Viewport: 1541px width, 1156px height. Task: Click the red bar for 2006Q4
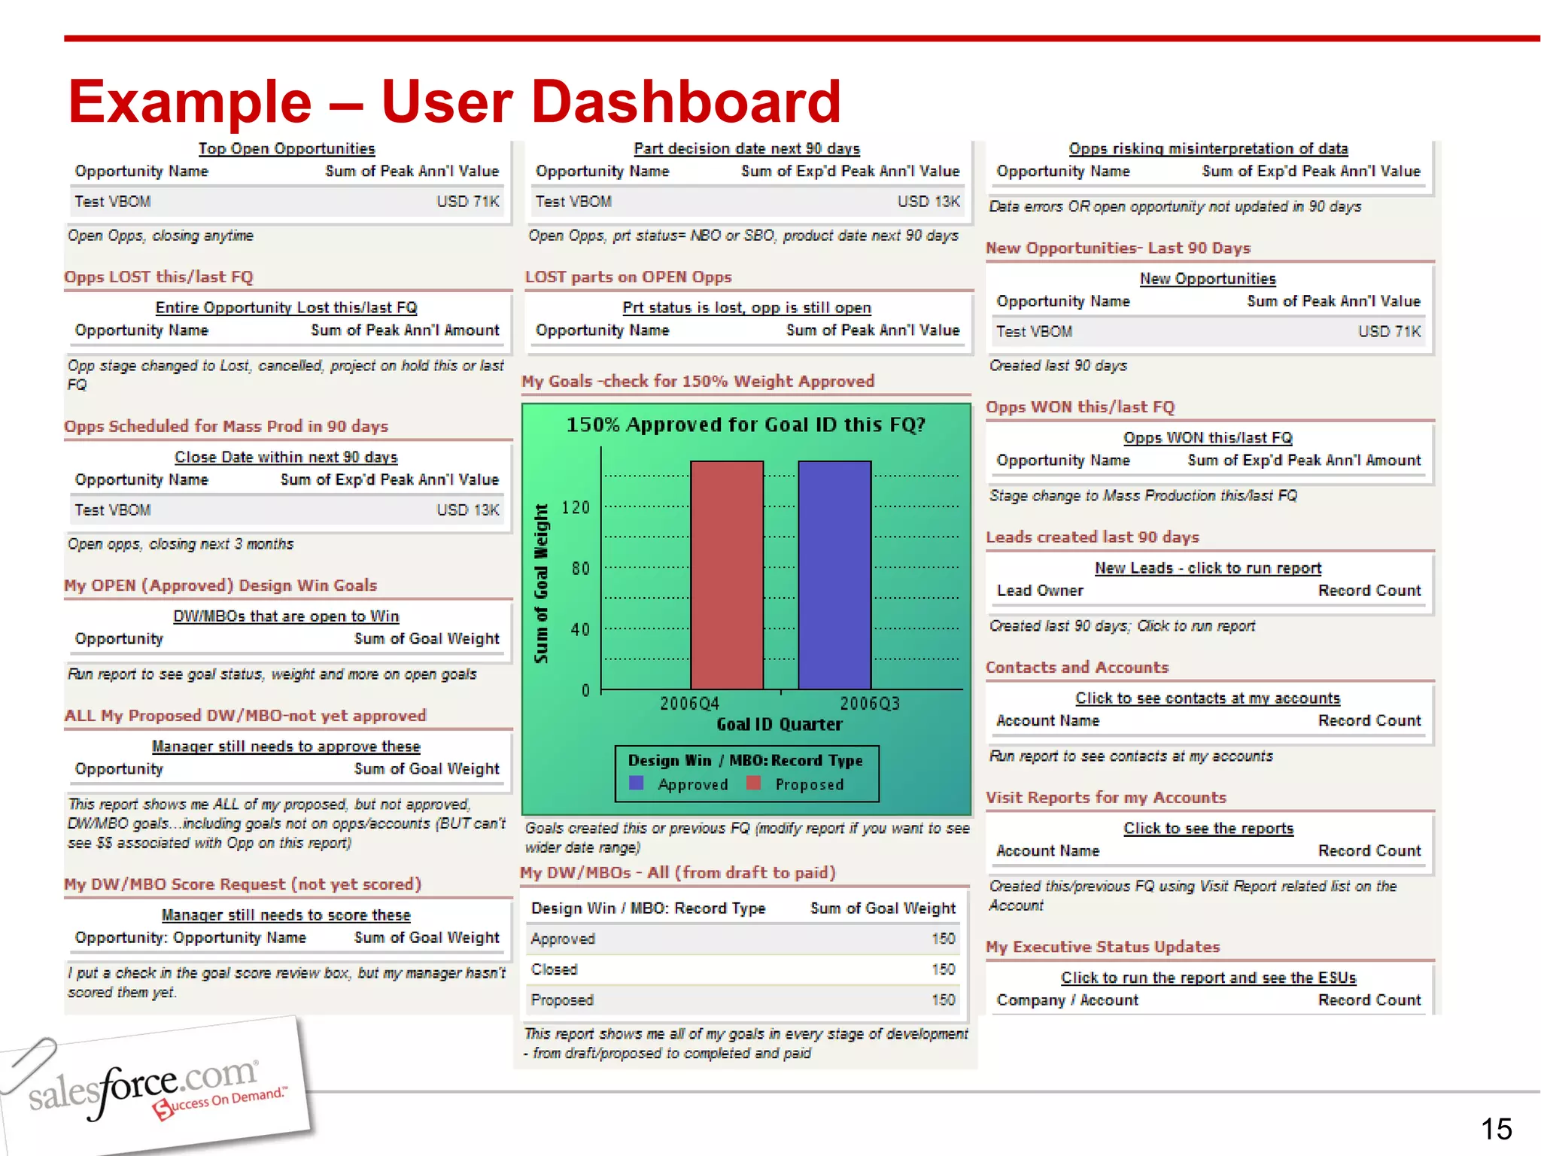click(x=727, y=575)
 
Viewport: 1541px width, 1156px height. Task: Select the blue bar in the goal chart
click(x=834, y=575)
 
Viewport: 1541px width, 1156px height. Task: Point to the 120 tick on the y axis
click(x=576, y=507)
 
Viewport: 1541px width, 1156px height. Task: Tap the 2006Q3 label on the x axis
click(x=870, y=704)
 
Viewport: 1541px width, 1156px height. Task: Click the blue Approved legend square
click(x=637, y=783)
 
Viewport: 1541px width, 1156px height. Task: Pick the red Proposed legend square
click(x=753, y=783)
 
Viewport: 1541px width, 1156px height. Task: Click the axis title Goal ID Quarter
click(x=779, y=724)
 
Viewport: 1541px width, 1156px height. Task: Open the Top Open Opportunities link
click(x=287, y=149)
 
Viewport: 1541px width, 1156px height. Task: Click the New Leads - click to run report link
click(x=1208, y=568)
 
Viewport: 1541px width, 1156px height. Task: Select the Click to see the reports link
click(x=1208, y=829)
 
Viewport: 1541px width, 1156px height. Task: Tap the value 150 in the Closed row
click(x=943, y=969)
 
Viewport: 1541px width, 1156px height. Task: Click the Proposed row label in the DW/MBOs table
click(x=562, y=1000)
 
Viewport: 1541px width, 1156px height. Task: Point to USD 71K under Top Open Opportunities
click(x=467, y=202)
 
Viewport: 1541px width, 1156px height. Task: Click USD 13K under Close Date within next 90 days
click(x=467, y=510)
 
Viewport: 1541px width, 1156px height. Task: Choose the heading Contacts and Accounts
click(x=1077, y=668)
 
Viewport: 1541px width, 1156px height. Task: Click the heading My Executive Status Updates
click(x=1102, y=947)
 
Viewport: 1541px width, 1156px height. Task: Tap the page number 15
click(x=1496, y=1129)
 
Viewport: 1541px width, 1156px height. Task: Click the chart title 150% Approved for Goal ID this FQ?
click(x=746, y=425)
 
